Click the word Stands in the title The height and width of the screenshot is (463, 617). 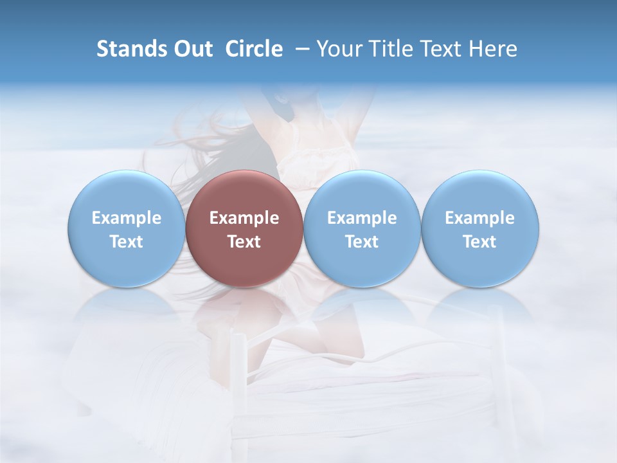pyautogui.click(x=128, y=49)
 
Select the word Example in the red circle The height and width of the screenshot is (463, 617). pyautogui.click(x=244, y=218)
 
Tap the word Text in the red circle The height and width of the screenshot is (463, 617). pyautogui.click(x=244, y=242)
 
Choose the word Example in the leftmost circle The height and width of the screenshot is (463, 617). pyautogui.click(x=126, y=218)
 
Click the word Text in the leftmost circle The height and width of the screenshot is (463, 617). pyautogui.click(x=126, y=242)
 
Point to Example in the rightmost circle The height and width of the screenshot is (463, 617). pyautogui.click(x=479, y=218)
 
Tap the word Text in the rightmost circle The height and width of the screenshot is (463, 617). pyautogui.click(x=479, y=242)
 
